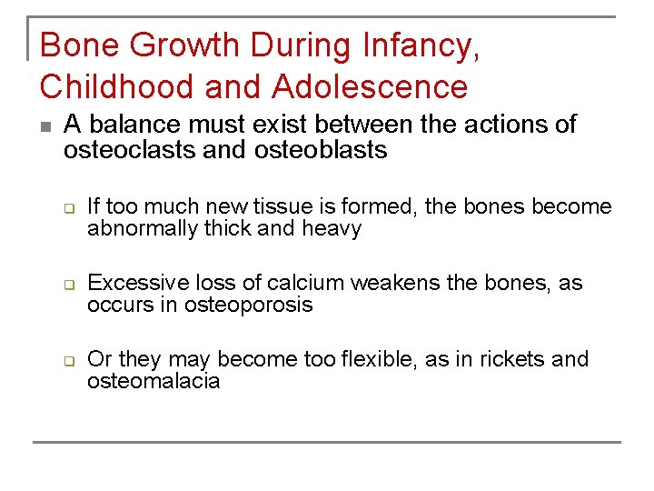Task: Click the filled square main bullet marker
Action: click(x=45, y=126)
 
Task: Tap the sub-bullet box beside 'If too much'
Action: click(x=68, y=208)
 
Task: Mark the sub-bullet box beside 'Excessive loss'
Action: click(x=68, y=285)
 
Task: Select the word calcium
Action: click(x=279, y=283)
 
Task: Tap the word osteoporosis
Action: click(x=248, y=305)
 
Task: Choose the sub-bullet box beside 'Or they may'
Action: click(x=68, y=361)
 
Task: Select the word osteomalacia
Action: click(x=154, y=381)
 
